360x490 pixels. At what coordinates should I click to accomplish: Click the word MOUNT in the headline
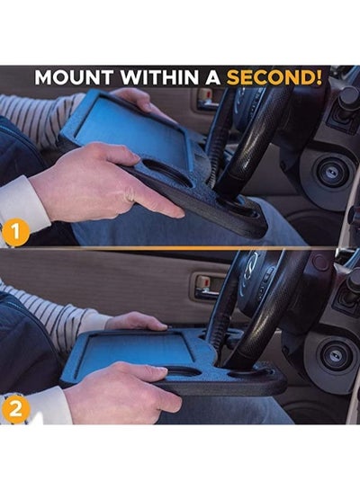click(x=74, y=77)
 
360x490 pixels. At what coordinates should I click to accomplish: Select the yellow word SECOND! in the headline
click(x=274, y=77)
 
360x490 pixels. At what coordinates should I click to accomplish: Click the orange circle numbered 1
click(x=16, y=233)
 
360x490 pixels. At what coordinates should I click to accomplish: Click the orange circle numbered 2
click(x=15, y=409)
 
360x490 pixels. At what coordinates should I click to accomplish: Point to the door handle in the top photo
click(x=207, y=99)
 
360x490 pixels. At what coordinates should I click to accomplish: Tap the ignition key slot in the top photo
click(x=332, y=171)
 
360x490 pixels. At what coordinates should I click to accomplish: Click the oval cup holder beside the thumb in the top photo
click(x=166, y=173)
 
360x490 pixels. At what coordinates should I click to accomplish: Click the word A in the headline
click(x=212, y=77)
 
